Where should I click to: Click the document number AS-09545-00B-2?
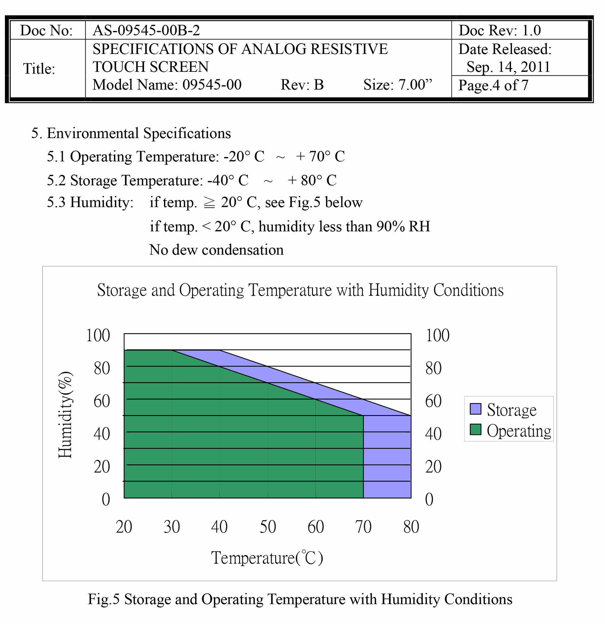click(x=146, y=30)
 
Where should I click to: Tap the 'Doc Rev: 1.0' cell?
click(x=500, y=30)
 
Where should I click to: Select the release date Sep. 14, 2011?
click(x=508, y=67)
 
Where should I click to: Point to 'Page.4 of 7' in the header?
click(x=493, y=85)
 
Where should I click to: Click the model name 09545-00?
click(x=212, y=84)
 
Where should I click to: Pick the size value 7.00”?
click(x=415, y=84)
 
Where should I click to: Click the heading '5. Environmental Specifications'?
click(x=131, y=133)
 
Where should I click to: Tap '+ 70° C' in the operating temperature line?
click(x=320, y=156)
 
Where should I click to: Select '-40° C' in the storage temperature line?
click(x=228, y=180)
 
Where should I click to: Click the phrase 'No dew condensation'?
click(x=216, y=250)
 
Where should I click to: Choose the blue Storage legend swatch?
click(x=476, y=409)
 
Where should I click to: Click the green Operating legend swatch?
click(x=476, y=429)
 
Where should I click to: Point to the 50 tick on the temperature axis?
click(x=268, y=527)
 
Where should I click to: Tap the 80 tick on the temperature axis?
click(x=411, y=527)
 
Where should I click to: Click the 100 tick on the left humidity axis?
click(x=98, y=335)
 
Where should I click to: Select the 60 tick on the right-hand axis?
click(x=433, y=401)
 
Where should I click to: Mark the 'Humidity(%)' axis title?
click(x=65, y=415)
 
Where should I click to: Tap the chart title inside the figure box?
click(x=300, y=290)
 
